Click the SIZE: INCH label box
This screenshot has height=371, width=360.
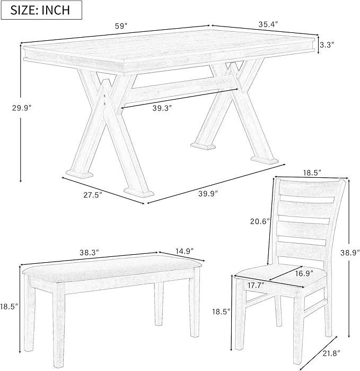tap(42, 10)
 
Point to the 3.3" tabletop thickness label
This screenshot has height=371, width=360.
tap(327, 45)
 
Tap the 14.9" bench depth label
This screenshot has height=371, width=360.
tap(183, 250)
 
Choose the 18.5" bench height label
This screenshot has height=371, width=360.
tap(9, 306)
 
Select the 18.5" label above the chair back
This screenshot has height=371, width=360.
tap(311, 173)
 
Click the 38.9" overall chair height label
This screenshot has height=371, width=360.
tap(348, 254)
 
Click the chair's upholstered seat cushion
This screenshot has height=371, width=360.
tap(276, 276)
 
